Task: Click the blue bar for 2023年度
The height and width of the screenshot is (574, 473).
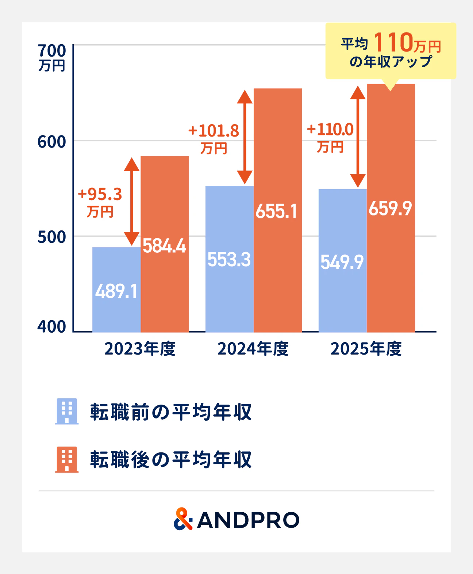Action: [116, 290]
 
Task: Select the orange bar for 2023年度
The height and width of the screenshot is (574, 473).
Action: [165, 244]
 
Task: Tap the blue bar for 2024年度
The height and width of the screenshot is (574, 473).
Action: [230, 259]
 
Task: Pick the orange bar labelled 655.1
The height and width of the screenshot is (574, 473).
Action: [278, 210]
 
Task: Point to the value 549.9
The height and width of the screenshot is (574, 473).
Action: [342, 262]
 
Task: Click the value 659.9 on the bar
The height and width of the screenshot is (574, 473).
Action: [390, 208]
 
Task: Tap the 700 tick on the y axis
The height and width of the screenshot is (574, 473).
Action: [52, 51]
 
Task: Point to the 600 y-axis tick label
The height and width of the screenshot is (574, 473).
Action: [52, 142]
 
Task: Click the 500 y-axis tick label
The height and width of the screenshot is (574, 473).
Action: [52, 237]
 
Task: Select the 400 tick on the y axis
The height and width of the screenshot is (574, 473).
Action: [52, 326]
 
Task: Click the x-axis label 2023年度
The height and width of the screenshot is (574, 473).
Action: [140, 349]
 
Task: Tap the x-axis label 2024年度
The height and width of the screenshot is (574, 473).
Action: [253, 349]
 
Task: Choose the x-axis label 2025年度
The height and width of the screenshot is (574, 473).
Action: [366, 349]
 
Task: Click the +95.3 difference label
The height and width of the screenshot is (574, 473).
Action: [100, 194]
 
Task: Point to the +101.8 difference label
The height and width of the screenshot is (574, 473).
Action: [214, 131]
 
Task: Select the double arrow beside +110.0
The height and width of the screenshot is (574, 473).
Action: [358, 137]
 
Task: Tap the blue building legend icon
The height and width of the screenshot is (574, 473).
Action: [67, 411]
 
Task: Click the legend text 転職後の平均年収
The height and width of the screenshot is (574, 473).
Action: [171, 460]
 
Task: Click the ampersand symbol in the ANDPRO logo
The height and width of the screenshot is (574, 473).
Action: [183, 519]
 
